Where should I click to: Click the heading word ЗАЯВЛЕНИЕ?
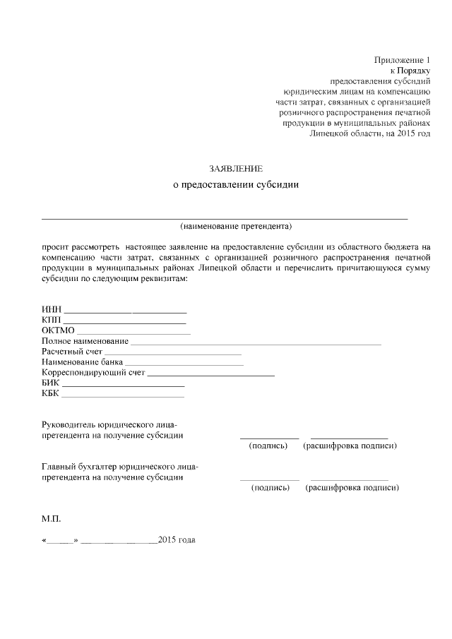(236, 169)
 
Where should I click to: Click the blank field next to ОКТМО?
(133, 333)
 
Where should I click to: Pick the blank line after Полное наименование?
(256, 343)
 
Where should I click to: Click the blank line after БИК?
(124, 386)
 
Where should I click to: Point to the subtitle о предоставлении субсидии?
(236, 186)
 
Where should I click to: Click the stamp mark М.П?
(52, 519)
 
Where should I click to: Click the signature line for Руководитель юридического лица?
(269, 438)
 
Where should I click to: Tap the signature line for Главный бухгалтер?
(269, 479)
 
